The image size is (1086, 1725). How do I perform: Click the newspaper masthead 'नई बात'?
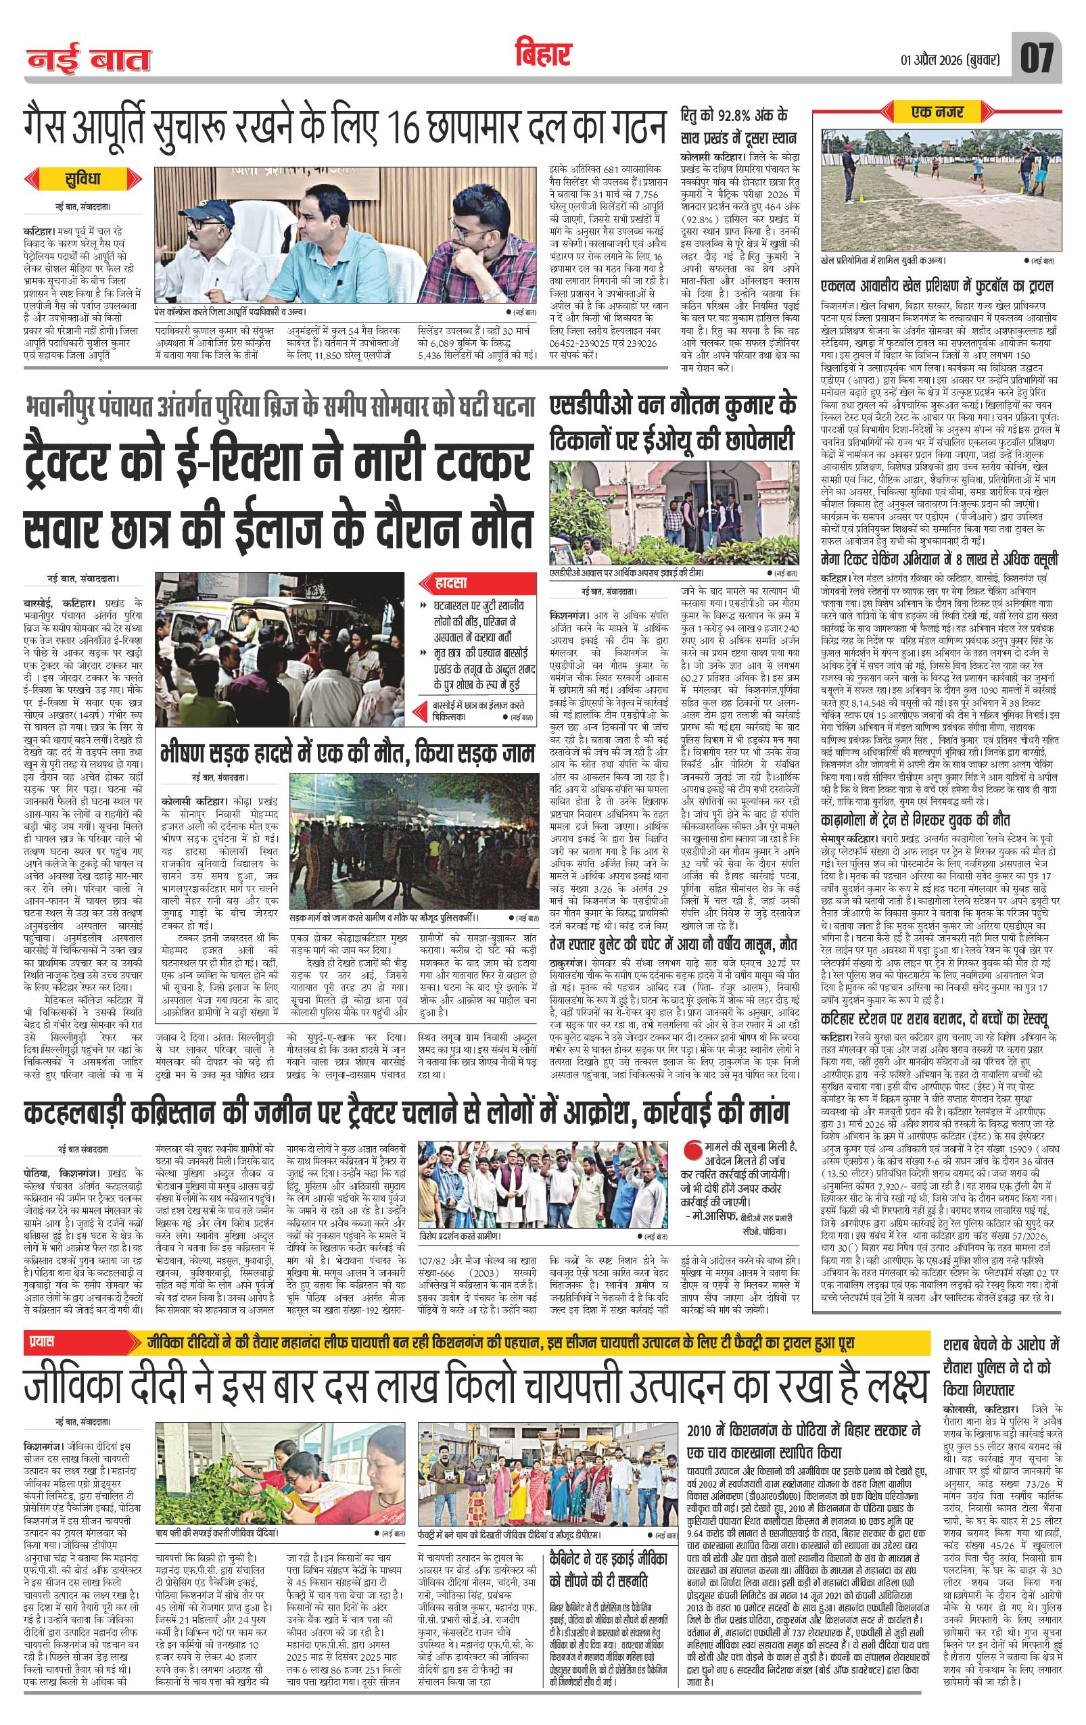click(x=89, y=59)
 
